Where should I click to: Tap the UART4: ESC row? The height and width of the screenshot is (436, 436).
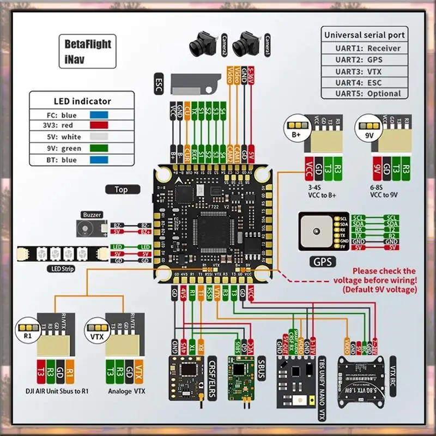364,82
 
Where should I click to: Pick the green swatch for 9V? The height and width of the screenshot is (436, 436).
99,149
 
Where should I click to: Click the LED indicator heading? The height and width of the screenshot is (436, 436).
82,101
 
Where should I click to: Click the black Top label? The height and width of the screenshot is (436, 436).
121,190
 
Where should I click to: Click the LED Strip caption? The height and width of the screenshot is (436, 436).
60,268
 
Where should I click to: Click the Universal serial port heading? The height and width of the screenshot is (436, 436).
365,35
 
